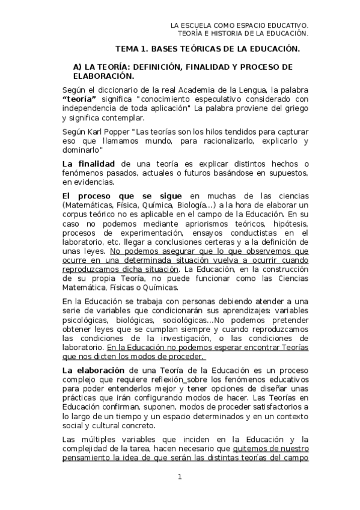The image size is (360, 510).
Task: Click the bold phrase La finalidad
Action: point(88,164)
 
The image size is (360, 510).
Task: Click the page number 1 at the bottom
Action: point(179,478)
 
